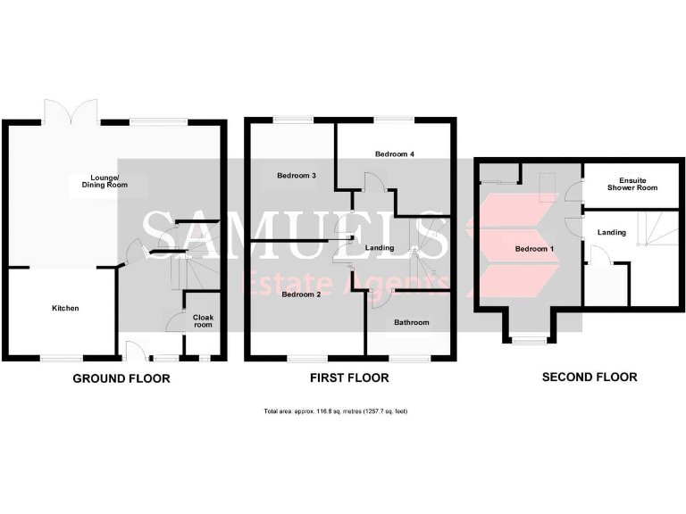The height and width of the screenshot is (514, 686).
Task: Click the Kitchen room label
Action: coord(65,308)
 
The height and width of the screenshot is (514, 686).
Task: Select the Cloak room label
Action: coord(203,320)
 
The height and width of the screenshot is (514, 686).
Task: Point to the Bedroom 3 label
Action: coord(297,176)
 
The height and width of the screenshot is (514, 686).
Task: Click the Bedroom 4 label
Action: coord(394,154)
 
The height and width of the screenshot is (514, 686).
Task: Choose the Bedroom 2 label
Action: coord(301,294)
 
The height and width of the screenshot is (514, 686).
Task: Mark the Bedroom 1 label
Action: coord(535,248)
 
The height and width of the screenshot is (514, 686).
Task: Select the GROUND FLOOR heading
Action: coord(121,378)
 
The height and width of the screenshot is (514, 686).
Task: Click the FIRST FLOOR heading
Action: coord(349,378)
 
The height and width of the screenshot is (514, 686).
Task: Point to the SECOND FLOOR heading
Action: coord(590,377)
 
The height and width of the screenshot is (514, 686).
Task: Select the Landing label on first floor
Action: coord(380,247)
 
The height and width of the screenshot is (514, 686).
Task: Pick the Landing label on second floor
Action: coord(612,233)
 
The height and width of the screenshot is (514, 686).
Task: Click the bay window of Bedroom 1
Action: coord(528,339)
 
